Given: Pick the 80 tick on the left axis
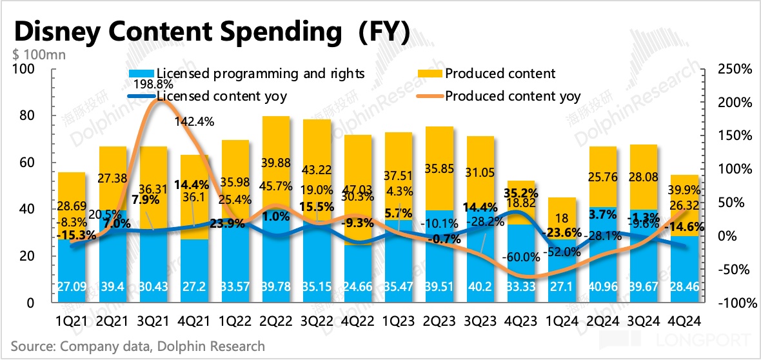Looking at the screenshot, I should (x=28, y=117).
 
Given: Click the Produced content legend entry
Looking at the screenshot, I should (x=500, y=74).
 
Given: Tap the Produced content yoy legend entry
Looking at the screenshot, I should (x=513, y=97).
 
